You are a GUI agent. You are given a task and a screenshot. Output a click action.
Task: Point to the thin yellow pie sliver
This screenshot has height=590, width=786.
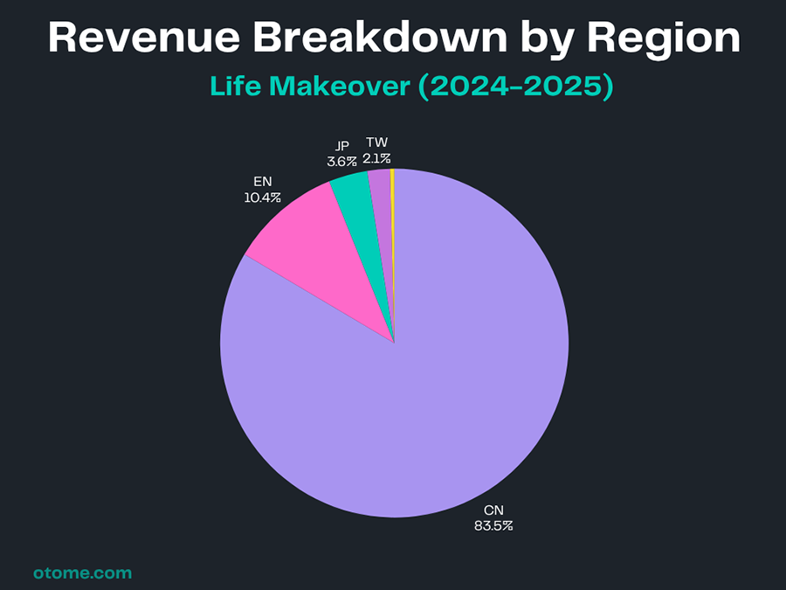pos(392,188)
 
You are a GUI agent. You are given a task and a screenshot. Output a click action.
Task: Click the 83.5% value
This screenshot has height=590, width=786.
pos(494,526)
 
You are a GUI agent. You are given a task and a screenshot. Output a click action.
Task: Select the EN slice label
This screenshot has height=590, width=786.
pos(262,182)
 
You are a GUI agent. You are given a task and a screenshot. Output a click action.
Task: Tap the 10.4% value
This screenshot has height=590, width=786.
pos(262,198)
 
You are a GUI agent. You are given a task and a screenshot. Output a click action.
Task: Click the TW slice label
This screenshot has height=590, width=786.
pos(377,142)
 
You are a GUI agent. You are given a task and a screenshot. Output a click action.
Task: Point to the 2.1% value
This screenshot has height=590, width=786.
pos(377,158)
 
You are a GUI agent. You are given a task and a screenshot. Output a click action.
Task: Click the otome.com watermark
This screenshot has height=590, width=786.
pos(82,573)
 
